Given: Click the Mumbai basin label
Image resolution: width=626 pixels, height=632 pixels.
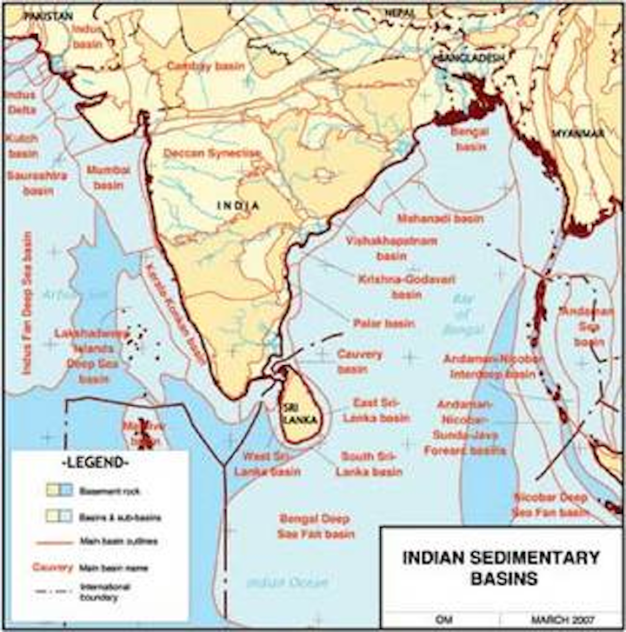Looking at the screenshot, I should [110, 177].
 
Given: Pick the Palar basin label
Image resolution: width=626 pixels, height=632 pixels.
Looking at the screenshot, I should [383, 323].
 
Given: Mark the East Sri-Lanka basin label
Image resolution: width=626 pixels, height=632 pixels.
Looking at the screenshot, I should [381, 410].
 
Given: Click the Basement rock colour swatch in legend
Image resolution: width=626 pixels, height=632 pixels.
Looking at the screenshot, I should [59, 490].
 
